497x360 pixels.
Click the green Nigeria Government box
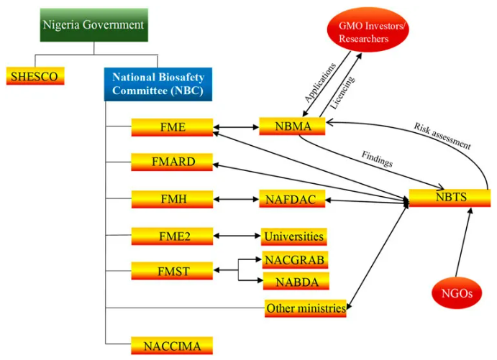(94, 25)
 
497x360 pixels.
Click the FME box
(173, 127)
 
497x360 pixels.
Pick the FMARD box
(173, 162)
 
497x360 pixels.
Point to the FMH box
(173, 198)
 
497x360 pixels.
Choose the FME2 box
(173, 236)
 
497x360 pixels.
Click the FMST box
(173, 271)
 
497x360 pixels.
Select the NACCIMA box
(173, 346)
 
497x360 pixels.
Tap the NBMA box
(292, 126)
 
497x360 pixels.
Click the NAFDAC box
(292, 198)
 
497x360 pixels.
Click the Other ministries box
(306, 308)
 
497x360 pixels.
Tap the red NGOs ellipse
(456, 292)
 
